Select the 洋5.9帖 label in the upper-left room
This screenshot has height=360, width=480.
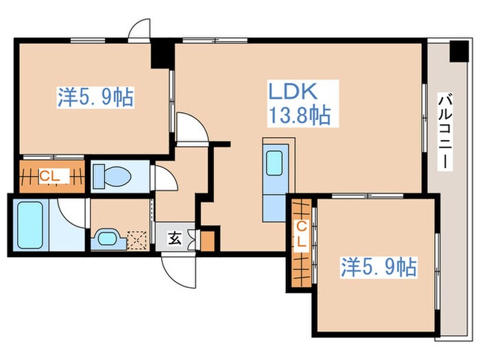(95, 98)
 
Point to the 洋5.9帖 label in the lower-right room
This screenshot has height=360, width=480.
(379, 267)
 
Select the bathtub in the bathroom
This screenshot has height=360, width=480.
(32, 225)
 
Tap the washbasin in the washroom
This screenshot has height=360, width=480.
(107, 239)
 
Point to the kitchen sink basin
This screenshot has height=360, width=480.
(276, 163)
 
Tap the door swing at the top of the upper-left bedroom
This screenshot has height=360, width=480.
(140, 31)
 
